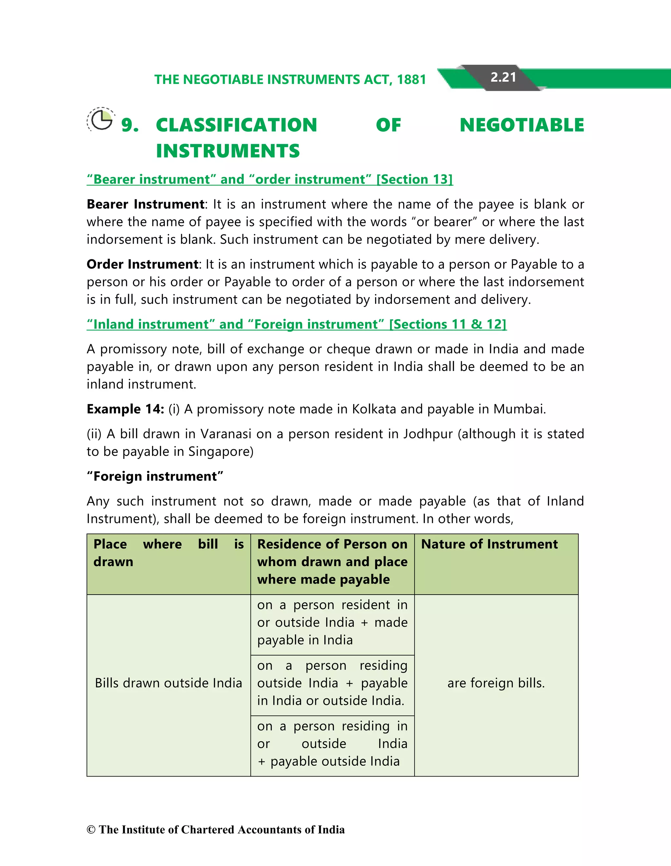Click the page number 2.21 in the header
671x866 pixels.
pos(503,77)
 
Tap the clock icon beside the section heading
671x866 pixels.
pos(101,120)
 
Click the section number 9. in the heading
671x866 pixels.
pos(130,125)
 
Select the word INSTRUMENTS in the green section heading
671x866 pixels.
pos(228,151)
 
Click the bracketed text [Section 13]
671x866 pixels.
pos(414,179)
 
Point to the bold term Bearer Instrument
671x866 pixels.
pos(145,204)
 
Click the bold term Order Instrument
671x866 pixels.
pos(142,264)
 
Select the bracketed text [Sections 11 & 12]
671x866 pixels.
pos(448,325)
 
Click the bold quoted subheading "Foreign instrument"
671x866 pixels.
pos(155,476)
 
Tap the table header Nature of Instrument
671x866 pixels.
pos(489,544)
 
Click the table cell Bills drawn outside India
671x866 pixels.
pos(168,683)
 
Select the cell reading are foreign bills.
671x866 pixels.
pos(496,683)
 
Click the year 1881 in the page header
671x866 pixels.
pos(412,80)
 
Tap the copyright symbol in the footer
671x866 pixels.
pos(91,830)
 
